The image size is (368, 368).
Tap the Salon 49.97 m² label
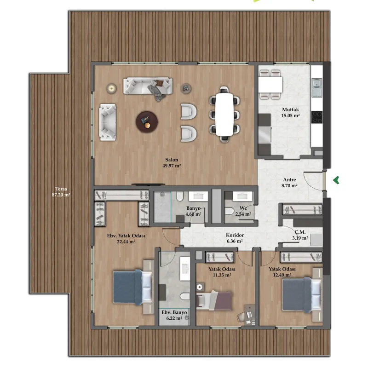point(172,163)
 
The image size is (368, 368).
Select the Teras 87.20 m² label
point(61,191)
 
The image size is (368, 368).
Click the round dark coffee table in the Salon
point(147,122)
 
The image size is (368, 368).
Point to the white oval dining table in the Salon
point(224,115)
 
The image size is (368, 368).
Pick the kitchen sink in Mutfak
point(317,87)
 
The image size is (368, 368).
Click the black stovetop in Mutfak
point(317,117)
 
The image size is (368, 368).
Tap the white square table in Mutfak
point(270,85)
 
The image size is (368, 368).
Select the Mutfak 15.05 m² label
point(291,112)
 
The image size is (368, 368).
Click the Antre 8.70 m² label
point(289,183)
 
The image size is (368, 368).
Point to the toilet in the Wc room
point(229,211)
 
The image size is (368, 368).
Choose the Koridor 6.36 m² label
point(235,238)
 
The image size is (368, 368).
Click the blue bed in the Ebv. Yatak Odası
point(132,287)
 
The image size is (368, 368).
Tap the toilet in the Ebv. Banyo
point(185,296)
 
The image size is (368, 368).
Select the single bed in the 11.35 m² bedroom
point(214,300)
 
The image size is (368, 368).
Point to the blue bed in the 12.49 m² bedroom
point(302,295)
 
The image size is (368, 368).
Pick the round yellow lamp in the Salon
point(111,88)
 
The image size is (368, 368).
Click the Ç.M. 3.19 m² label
point(300,235)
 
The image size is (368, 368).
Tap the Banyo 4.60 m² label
point(193,211)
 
